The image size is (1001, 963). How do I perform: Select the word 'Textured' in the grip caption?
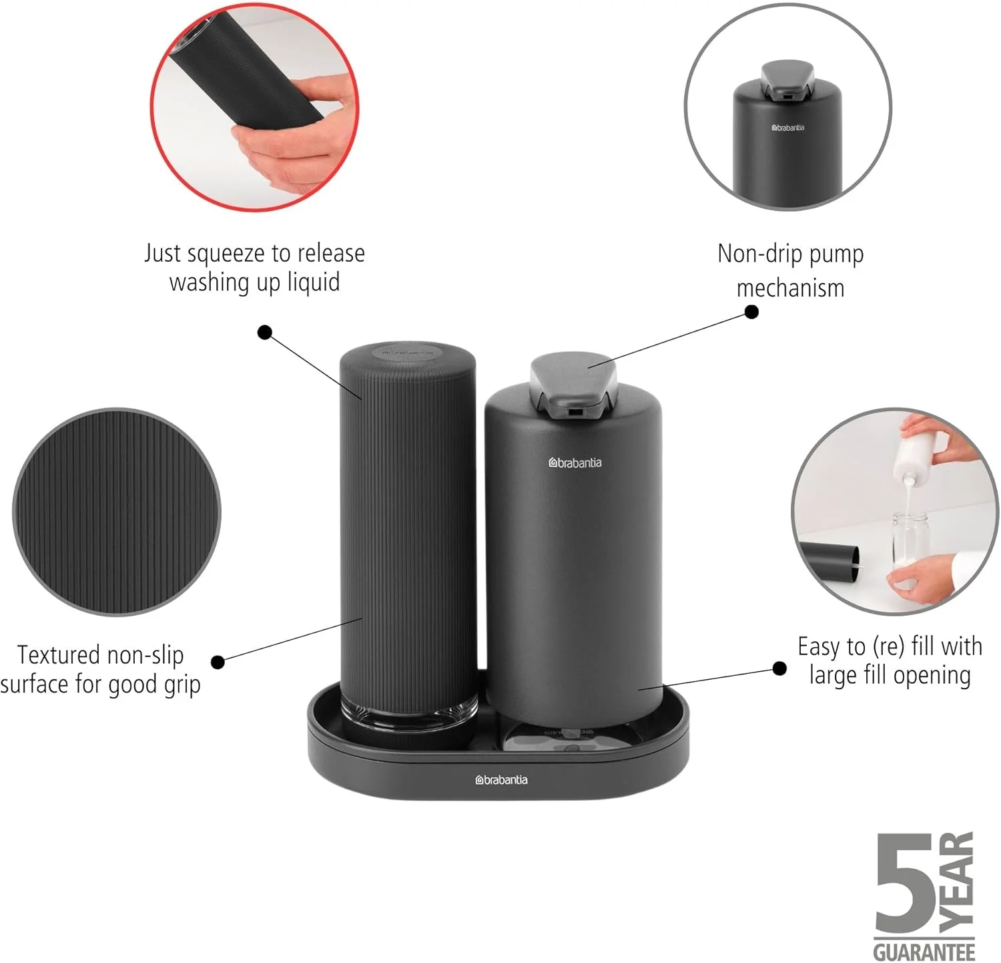[x=58, y=655]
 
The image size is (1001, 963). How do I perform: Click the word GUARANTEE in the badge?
[x=924, y=951]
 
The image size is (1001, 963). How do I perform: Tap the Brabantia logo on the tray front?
[x=501, y=780]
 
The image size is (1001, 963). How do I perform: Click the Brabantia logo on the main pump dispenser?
[x=575, y=462]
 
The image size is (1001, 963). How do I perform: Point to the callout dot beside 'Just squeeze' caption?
[x=265, y=331]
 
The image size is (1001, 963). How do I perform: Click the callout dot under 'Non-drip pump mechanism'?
[x=751, y=312]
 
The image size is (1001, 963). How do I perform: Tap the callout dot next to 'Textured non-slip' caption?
[x=218, y=662]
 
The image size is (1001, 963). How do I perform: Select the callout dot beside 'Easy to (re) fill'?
[x=779, y=668]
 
